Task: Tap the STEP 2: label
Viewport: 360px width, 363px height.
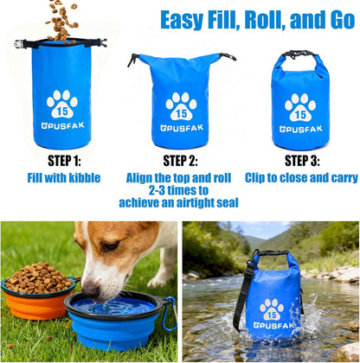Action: (x=180, y=160)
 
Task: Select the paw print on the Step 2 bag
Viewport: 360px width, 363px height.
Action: (x=181, y=105)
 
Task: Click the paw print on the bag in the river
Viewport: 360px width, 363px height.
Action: (x=272, y=308)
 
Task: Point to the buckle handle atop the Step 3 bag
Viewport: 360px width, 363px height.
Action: (x=300, y=54)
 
